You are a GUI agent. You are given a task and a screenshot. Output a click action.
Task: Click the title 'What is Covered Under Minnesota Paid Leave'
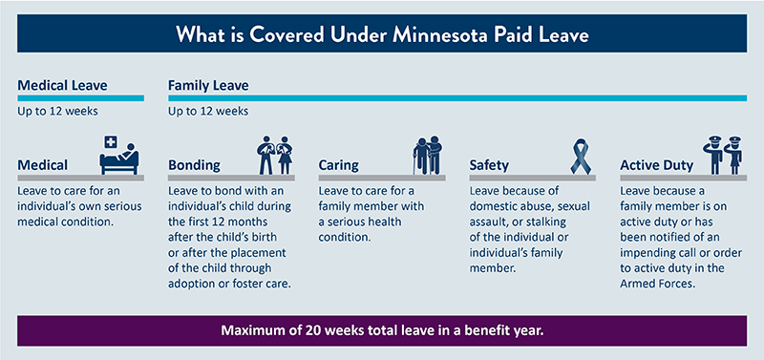pos(382,36)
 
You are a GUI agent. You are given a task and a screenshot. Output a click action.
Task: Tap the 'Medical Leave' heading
pos(61,85)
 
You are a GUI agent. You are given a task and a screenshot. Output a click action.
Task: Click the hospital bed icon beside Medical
pos(121,155)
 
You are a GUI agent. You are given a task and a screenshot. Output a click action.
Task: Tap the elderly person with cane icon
pos(426,156)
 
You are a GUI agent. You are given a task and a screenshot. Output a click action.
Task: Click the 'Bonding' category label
pos(194,165)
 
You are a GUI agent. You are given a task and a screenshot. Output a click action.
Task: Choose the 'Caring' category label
pos(339,165)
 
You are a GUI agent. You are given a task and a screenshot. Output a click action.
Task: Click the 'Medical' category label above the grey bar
pos(47,165)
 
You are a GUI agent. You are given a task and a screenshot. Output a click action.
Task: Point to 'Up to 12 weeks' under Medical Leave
pos(56,111)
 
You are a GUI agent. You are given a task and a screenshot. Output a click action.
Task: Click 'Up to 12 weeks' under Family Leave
pos(208,111)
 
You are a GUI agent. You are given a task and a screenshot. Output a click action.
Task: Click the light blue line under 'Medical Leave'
pos(80,97)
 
